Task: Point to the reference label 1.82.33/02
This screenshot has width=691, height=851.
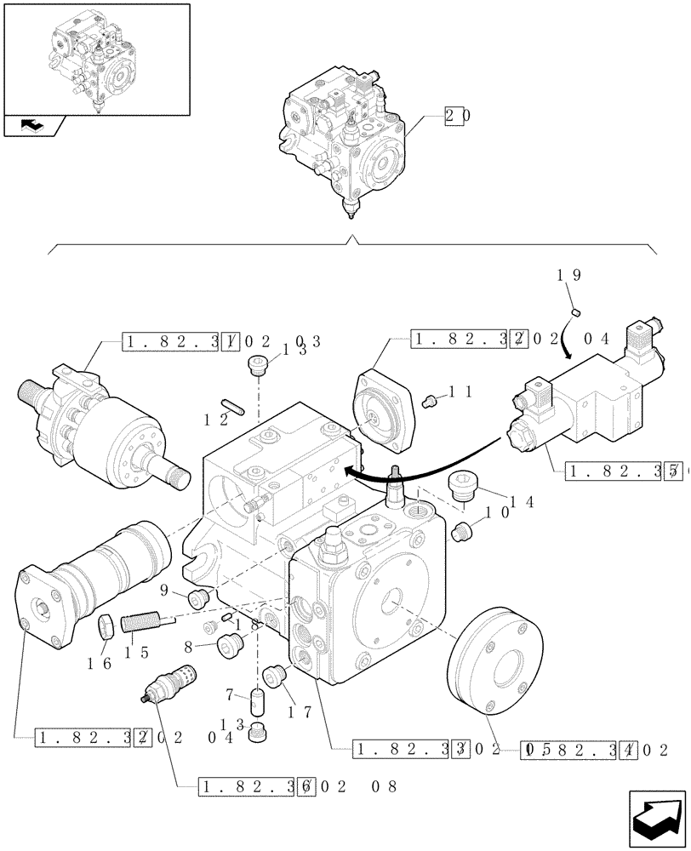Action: (418, 750)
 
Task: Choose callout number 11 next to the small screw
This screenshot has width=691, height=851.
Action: (460, 392)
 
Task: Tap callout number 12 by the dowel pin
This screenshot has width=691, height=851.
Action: (216, 418)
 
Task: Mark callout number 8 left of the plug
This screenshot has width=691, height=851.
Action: (187, 647)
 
